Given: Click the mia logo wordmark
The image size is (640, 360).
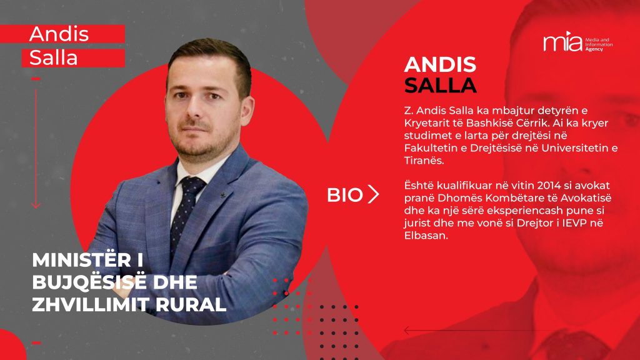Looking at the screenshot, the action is click(562, 42).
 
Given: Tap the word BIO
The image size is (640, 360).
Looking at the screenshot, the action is click(344, 195).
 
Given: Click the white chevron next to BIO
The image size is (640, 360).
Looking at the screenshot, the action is click(374, 194).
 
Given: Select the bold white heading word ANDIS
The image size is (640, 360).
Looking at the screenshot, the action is click(440, 65).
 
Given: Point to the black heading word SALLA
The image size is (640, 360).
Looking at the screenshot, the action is click(441, 85).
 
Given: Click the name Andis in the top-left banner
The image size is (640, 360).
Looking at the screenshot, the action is click(59, 34).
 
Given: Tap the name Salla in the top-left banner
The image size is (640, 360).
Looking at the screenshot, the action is click(54, 57).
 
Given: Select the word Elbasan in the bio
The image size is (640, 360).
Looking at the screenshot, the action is click(426, 236).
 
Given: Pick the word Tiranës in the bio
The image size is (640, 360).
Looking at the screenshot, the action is click(424, 161).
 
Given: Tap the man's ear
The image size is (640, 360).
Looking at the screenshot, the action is click(246, 111).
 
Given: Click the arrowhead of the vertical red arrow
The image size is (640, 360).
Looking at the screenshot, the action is click(36, 204).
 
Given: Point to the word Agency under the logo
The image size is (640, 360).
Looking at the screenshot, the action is click(594, 49).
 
